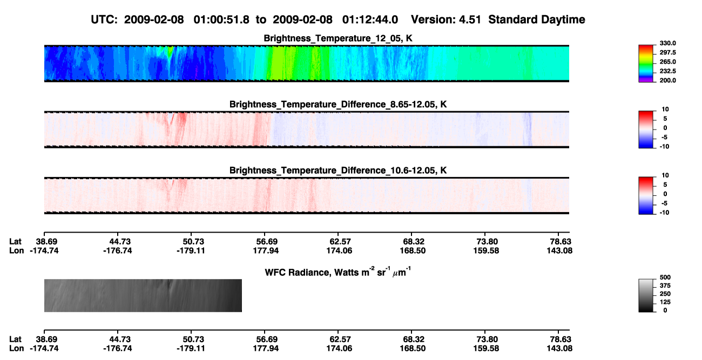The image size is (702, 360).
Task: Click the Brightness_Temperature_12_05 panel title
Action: (x=338, y=38)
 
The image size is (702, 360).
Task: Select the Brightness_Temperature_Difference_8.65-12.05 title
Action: (x=338, y=104)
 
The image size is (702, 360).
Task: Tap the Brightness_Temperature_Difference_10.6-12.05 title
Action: (x=338, y=171)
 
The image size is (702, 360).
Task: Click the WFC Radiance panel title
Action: (x=338, y=272)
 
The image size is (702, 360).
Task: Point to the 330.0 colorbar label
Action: (x=667, y=43)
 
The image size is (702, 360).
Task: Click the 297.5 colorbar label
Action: (x=667, y=52)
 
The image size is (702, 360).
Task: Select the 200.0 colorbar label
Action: (x=667, y=80)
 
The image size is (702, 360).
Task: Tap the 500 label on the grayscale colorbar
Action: (x=665, y=277)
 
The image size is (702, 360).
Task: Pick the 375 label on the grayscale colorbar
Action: (x=665, y=286)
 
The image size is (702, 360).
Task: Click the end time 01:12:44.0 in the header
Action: (x=370, y=20)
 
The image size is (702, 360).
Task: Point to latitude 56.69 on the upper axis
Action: (x=267, y=242)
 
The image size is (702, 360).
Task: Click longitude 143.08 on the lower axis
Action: (x=559, y=349)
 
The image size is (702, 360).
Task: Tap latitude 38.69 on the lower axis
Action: (x=46, y=339)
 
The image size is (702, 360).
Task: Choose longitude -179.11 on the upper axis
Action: (x=191, y=250)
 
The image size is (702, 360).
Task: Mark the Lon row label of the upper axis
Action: (x=16, y=250)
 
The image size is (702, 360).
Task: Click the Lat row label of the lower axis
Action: (x=15, y=339)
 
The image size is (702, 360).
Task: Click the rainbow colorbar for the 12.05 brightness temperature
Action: (x=646, y=64)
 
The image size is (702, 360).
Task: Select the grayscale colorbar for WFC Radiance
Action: (x=646, y=295)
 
